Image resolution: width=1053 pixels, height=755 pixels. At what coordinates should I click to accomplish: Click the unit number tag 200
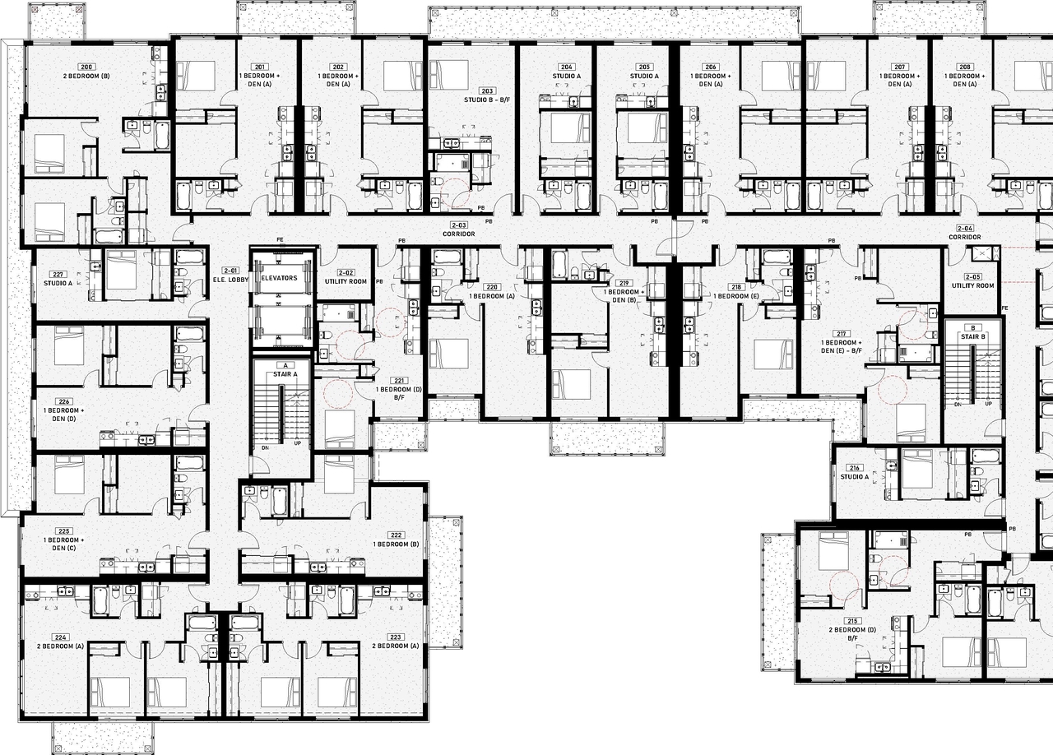click(86, 66)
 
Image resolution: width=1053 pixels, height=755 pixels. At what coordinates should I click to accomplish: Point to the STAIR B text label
click(972, 336)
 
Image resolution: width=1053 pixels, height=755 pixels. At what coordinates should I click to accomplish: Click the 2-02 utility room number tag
click(346, 272)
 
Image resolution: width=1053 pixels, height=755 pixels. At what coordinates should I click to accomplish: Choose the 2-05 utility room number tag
click(973, 276)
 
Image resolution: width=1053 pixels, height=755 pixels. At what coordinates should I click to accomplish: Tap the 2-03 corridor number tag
click(458, 225)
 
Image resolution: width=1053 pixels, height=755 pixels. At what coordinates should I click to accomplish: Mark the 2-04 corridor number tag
click(965, 228)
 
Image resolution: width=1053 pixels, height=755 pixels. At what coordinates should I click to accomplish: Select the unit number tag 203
click(487, 90)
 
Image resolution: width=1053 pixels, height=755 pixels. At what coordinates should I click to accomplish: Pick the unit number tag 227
click(58, 275)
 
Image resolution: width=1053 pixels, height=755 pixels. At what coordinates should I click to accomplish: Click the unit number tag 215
click(852, 619)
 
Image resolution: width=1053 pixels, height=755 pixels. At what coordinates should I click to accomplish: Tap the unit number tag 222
click(396, 535)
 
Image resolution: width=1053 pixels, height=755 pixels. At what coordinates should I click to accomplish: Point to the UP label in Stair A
click(297, 442)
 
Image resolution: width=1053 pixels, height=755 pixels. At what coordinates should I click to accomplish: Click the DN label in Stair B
click(958, 405)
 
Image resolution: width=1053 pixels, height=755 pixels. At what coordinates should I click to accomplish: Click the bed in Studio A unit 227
click(120, 270)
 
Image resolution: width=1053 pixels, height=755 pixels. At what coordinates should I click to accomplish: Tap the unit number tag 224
click(60, 637)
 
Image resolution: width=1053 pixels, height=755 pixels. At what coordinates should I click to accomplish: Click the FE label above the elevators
click(281, 240)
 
